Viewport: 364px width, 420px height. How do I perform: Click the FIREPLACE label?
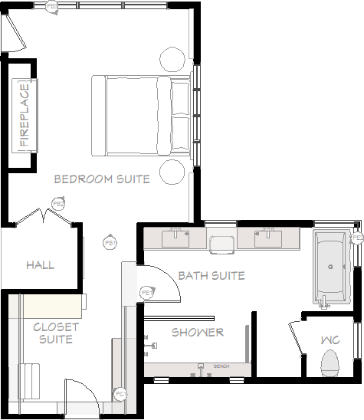[25, 116]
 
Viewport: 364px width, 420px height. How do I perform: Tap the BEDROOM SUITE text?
[102, 179]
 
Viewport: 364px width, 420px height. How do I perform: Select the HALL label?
[40, 265]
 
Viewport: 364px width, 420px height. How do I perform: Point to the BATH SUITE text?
[211, 275]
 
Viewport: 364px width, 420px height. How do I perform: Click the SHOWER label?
[198, 332]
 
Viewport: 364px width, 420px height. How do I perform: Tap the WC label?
[331, 340]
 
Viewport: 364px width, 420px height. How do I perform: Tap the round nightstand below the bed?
[172, 171]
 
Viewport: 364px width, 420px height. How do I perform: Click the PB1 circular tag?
[110, 243]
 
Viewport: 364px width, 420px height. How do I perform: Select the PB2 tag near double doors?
[57, 203]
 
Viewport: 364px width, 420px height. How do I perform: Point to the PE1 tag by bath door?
[146, 293]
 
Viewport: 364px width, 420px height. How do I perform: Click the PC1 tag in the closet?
[120, 394]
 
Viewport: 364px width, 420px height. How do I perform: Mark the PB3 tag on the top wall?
[52, 6]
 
